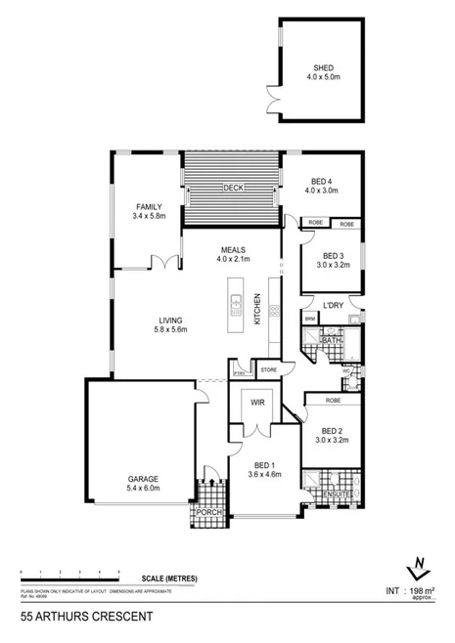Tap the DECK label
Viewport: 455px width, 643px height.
click(x=232, y=187)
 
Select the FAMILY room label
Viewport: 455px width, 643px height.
click(x=149, y=207)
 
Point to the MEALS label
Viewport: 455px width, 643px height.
click(x=232, y=249)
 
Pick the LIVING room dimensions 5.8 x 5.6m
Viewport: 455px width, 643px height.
click(x=173, y=331)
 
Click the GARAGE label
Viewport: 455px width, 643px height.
click(x=142, y=479)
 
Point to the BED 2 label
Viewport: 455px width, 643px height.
click(x=333, y=431)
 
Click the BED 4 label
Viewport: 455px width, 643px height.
click(x=323, y=181)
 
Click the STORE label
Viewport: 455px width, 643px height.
click(x=268, y=368)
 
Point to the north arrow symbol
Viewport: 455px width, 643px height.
click(x=418, y=569)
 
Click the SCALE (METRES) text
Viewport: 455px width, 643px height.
click(x=168, y=579)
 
